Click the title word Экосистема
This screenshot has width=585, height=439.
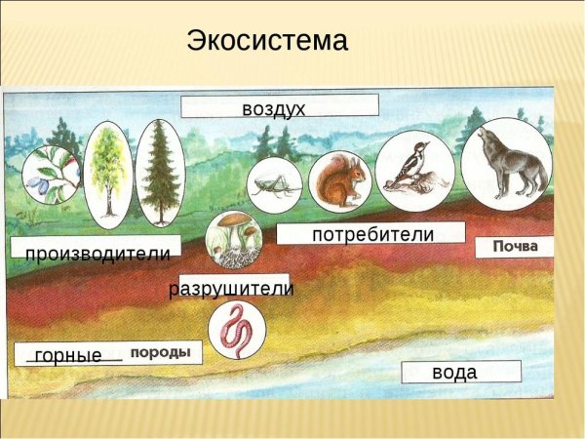266,41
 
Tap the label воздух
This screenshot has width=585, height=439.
274,107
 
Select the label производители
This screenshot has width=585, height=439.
97,254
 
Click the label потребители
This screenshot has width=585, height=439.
372,234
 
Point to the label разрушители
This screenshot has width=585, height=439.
231,289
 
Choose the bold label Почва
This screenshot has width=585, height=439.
515,246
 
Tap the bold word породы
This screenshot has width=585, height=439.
160,352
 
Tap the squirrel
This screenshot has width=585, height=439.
340,181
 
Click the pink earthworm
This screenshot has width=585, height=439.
236,330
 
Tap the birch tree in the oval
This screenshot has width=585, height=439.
107,174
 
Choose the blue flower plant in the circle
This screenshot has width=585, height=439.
49,176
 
